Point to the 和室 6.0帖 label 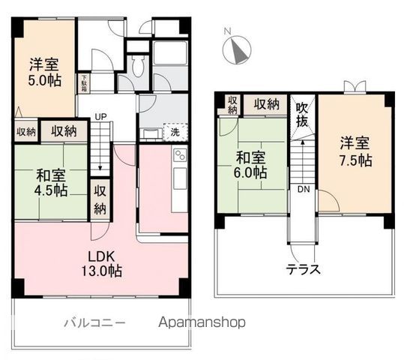click(251, 166)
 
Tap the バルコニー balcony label click(94, 323)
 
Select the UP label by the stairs click(101, 117)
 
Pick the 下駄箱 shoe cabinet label click(85, 81)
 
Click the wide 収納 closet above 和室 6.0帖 click(267, 104)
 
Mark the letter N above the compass click(228, 31)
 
